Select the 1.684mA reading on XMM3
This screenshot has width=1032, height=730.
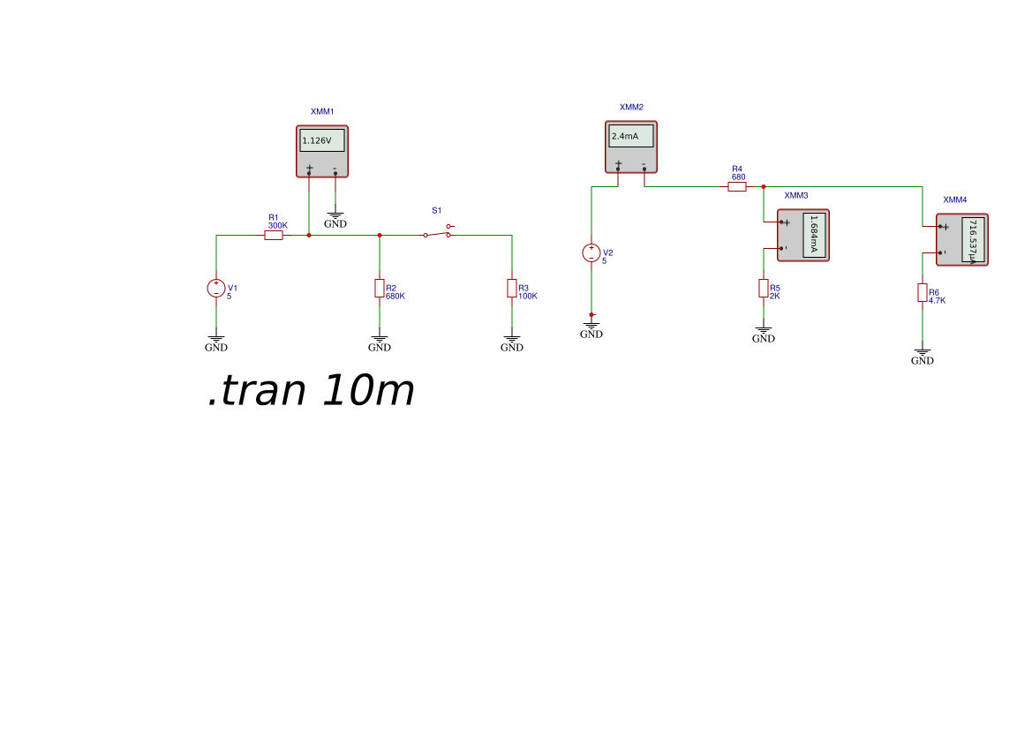pyautogui.click(x=814, y=235)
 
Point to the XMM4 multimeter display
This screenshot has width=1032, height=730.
pyautogui.click(x=973, y=240)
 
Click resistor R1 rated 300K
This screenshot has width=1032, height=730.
pyautogui.click(x=274, y=236)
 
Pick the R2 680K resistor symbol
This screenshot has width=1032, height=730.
pyautogui.click(x=380, y=289)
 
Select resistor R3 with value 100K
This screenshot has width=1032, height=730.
pyautogui.click(x=512, y=289)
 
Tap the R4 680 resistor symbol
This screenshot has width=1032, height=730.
pyautogui.click(x=737, y=187)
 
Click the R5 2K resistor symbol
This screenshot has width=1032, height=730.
pyautogui.click(x=764, y=289)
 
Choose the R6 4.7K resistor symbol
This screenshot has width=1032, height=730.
pyautogui.click(x=923, y=293)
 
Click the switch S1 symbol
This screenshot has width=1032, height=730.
pyautogui.click(x=437, y=234)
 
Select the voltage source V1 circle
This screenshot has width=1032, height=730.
pyautogui.click(x=216, y=288)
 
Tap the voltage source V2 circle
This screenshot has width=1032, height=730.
pyautogui.click(x=591, y=253)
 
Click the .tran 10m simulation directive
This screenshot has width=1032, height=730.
pyautogui.click(x=311, y=391)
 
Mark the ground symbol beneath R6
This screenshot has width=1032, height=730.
pyautogui.click(x=923, y=354)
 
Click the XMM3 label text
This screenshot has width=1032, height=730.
pyautogui.click(x=796, y=195)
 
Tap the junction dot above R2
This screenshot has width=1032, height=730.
pyautogui.click(x=380, y=236)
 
